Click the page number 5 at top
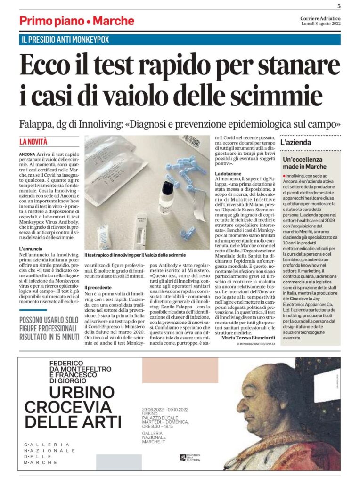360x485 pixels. coord(339,6)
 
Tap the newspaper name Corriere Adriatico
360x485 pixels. coord(320,18)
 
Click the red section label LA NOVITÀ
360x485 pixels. coord(33,141)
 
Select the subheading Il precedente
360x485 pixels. coord(99,287)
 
